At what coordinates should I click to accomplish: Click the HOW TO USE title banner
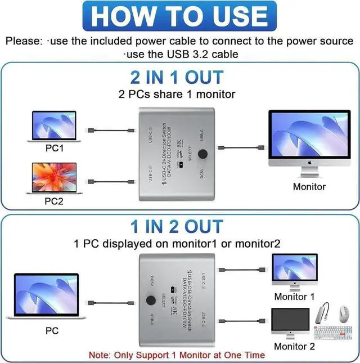tap(180, 16)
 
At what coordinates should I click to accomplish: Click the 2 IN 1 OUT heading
tap(176, 77)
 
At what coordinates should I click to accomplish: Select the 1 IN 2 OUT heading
tap(176, 227)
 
